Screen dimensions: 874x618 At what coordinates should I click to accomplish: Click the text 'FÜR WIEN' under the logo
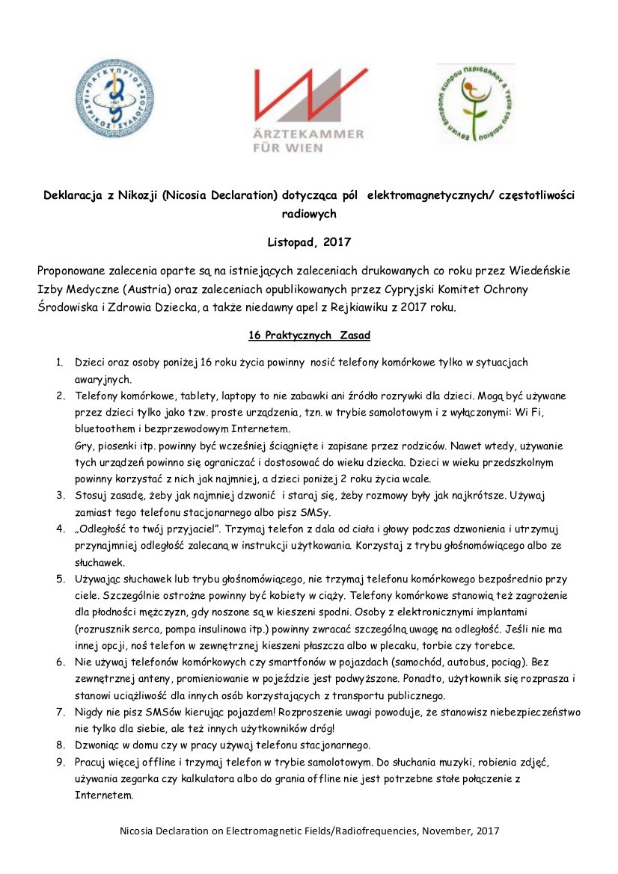coord(288,147)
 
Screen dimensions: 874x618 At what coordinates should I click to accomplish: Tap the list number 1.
coord(60,363)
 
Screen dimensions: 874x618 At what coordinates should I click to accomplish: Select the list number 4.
coord(60,529)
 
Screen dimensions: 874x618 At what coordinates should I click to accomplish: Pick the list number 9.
coord(60,763)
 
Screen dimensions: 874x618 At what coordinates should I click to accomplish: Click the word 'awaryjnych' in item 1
coord(103,379)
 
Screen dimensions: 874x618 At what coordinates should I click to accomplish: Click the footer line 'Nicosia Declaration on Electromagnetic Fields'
coord(308,831)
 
